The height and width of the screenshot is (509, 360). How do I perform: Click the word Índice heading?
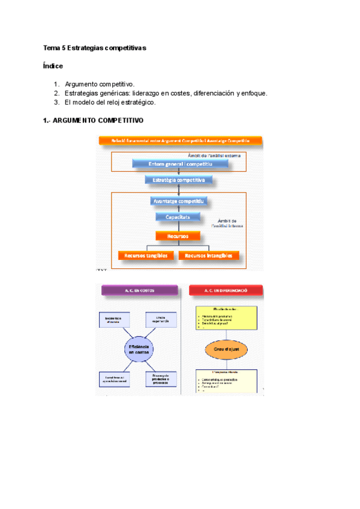53,65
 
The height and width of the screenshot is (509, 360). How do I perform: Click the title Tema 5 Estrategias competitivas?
94,47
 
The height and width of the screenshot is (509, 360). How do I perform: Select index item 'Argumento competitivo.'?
100,85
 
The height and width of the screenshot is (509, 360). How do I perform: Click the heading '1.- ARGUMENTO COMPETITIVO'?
93,121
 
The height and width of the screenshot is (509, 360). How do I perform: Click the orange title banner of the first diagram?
180,140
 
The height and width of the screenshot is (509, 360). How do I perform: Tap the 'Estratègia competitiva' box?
179,179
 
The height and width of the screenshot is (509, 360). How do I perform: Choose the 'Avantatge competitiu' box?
179,201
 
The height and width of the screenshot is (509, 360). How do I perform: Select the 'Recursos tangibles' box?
146,255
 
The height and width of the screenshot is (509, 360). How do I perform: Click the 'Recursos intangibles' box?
209,255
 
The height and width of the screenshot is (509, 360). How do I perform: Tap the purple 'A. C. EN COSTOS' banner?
139,290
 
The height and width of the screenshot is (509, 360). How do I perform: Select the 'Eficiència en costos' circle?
139,349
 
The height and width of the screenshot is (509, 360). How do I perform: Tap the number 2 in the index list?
56,94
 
